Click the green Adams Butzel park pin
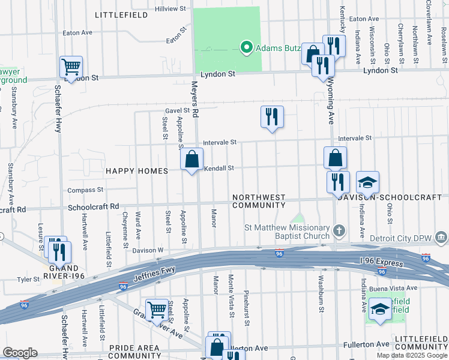pyautogui.click(x=246, y=47)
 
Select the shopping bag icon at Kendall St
pyautogui.click(x=191, y=160)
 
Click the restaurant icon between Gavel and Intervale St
pyautogui.click(x=272, y=116)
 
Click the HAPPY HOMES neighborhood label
pyautogui.click(x=137, y=171)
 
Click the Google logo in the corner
pyautogui.click(x=20, y=353)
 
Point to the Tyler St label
pyautogui.click(x=28, y=279)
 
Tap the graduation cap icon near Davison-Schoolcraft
pyautogui.click(x=368, y=182)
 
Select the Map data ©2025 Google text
pyautogui.click(x=412, y=355)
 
